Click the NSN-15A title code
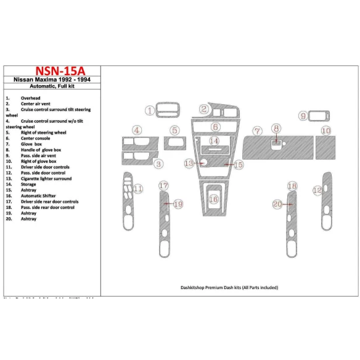pyautogui.click(x=51, y=71)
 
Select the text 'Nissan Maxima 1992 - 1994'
pyautogui.click(x=51, y=80)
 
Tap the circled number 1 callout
pyautogui.click(x=149, y=110)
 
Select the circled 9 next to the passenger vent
pyautogui.click(x=303, y=116)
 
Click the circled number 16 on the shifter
pyautogui.click(x=213, y=199)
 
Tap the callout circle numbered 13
pyautogui.click(x=189, y=163)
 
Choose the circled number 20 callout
pyautogui.click(x=277, y=204)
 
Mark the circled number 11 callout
pyautogui.click(x=139, y=188)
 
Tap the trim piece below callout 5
pyautogui.click(x=175, y=144)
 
